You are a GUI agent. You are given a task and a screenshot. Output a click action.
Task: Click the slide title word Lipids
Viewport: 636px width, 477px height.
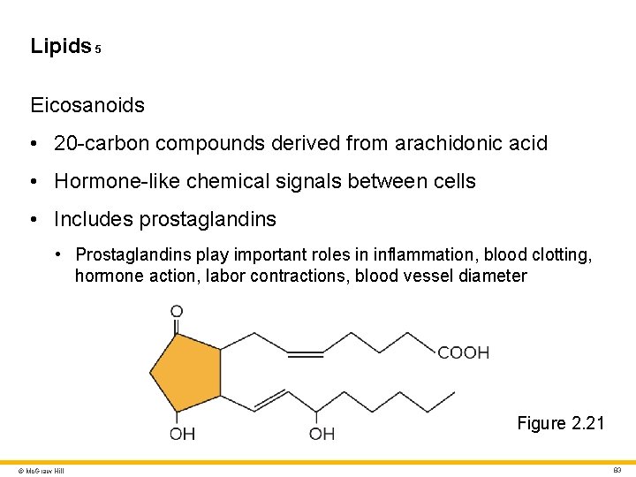[x=60, y=46]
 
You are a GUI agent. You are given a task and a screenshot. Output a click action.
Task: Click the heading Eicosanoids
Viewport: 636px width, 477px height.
[x=87, y=105]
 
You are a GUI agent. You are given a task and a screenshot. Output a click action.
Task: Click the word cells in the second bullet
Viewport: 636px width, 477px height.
[x=454, y=182]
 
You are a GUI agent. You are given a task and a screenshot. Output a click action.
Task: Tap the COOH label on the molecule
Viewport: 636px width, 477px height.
[x=464, y=353]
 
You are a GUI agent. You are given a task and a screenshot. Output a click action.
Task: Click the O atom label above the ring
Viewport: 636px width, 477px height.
[x=177, y=312]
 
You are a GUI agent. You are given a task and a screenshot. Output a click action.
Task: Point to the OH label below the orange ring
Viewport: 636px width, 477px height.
[x=182, y=434]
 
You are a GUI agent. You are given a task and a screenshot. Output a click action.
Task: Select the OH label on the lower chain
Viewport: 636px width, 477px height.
[x=322, y=434]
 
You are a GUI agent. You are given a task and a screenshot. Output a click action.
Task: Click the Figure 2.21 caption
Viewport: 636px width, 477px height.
[x=561, y=423]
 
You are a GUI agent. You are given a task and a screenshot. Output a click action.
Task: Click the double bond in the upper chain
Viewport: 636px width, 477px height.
[x=306, y=354]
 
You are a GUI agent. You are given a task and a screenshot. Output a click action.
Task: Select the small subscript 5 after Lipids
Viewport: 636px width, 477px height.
[x=98, y=50]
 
